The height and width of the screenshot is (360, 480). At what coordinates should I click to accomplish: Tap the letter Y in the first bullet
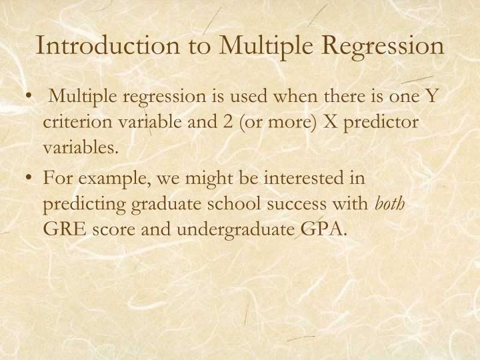pos(432,97)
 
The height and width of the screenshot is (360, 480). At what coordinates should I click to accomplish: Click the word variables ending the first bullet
pos(80,147)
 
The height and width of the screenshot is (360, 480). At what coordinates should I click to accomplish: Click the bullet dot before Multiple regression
pos(31,98)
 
